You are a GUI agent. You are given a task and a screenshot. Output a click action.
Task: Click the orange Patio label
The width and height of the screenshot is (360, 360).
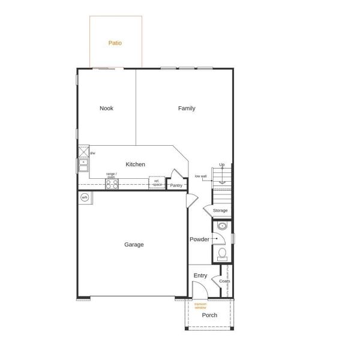click(115, 43)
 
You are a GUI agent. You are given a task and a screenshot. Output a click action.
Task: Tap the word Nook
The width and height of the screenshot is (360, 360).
click(106, 109)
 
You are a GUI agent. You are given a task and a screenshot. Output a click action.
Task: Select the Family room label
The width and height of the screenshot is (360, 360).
click(187, 109)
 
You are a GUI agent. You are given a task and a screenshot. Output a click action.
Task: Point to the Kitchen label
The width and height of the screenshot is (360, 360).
click(135, 164)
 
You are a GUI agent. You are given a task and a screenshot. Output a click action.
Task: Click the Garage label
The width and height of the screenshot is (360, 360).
click(134, 245)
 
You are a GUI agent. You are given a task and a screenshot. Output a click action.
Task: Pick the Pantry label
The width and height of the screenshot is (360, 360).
click(176, 185)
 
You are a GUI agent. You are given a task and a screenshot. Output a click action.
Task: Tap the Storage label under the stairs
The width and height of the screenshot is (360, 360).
click(220, 211)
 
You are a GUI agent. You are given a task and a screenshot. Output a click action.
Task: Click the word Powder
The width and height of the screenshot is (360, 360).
click(199, 239)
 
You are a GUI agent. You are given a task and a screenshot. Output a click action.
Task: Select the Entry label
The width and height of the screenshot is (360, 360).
click(200, 276)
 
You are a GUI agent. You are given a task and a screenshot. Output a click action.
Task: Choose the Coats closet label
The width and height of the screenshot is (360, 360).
click(224, 281)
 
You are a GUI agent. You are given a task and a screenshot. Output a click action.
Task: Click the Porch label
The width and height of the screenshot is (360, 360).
click(209, 315)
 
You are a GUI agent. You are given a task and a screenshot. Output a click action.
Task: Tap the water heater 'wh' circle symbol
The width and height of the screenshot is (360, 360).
click(85, 197)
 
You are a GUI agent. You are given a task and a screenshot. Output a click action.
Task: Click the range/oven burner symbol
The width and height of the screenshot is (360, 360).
click(112, 184)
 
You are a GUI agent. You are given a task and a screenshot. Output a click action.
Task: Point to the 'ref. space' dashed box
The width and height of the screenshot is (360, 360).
click(157, 182)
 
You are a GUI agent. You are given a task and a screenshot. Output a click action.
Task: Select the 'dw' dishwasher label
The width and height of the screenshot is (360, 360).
click(92, 153)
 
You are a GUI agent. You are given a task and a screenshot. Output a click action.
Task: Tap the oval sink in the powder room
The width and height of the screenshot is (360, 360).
click(222, 227)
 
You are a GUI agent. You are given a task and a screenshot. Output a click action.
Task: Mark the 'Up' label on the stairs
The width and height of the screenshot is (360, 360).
click(222, 165)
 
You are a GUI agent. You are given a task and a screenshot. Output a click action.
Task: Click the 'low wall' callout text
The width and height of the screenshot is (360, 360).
click(200, 176)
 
